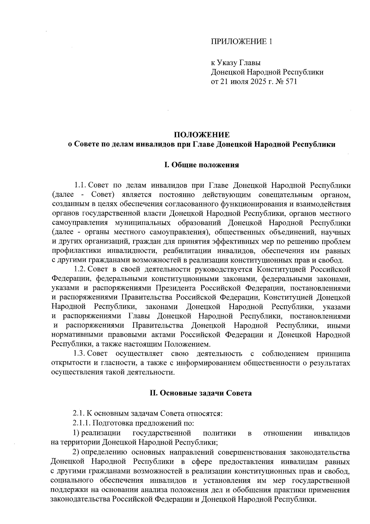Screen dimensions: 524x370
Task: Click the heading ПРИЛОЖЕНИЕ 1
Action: coord(241,41)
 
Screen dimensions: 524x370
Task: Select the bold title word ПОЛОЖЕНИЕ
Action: coord(202,135)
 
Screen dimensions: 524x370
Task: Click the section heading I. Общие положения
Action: coord(202,165)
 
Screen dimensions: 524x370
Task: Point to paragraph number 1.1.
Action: coord(80,185)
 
